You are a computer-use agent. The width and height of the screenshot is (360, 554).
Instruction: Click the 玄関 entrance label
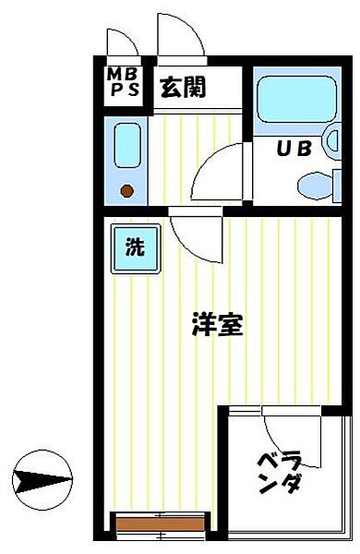(x=182, y=89)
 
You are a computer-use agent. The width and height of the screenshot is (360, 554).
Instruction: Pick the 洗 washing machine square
(x=135, y=247)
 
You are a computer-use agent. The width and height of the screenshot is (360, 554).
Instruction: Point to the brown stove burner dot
(x=126, y=191)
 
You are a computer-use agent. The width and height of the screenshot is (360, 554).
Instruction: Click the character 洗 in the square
(x=135, y=247)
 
